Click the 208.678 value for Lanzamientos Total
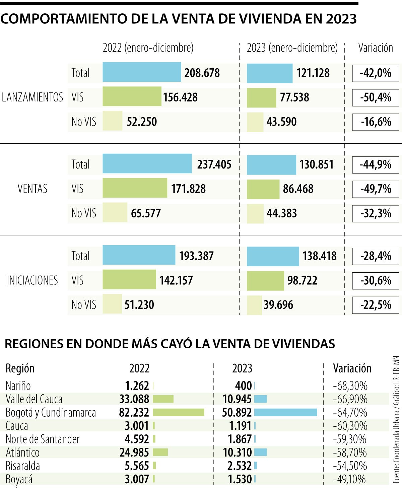[x=202, y=73]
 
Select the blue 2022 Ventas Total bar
[x=147, y=164]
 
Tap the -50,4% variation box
[x=376, y=97]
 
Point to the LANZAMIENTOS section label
[x=32, y=97]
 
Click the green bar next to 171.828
[x=135, y=188]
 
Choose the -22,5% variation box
[x=376, y=305]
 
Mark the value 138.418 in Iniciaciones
[x=319, y=256]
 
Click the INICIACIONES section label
[x=32, y=280]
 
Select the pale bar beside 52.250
[x=112, y=121]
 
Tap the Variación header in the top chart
[x=376, y=48]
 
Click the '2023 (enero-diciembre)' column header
[x=292, y=48]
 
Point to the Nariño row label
[x=18, y=386]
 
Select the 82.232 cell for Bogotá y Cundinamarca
[x=134, y=412]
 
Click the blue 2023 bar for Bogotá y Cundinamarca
[x=285, y=412]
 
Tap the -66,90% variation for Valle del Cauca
[x=350, y=399]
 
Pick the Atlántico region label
[x=22, y=452]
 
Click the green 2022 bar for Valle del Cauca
[x=163, y=399]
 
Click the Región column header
[x=20, y=368]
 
